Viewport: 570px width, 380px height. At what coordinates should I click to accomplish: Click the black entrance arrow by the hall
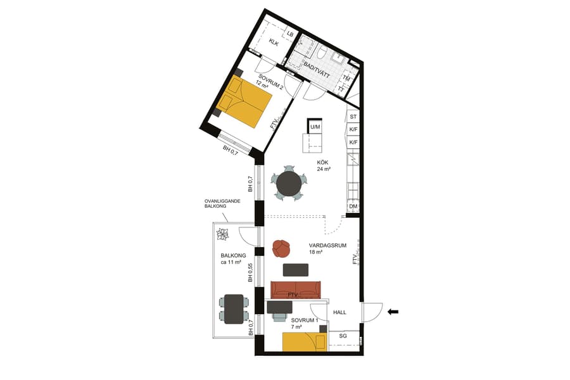coord(393,311)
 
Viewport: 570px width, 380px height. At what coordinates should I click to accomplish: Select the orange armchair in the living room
coord(281,248)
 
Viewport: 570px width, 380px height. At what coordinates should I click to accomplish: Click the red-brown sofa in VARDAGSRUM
coord(296,289)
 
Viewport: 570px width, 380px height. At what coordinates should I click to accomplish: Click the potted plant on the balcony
coord(223,235)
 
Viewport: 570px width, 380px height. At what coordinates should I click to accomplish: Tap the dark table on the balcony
coord(234,308)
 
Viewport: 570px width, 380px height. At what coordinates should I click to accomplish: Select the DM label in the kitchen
coord(353,206)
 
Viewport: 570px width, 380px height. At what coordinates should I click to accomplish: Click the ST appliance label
coord(353,117)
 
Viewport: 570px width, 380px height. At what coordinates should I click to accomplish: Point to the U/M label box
coord(315,127)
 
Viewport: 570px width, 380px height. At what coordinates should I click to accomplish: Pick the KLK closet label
coord(274,42)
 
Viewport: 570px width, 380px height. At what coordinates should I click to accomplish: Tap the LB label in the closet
coord(290,34)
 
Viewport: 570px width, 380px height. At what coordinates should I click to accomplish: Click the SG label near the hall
coord(343,335)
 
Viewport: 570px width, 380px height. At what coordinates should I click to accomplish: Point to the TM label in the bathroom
coord(346,78)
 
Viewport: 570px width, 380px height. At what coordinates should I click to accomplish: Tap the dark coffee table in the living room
coord(296,270)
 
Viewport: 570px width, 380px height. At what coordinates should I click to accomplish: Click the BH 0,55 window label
coord(251,272)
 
